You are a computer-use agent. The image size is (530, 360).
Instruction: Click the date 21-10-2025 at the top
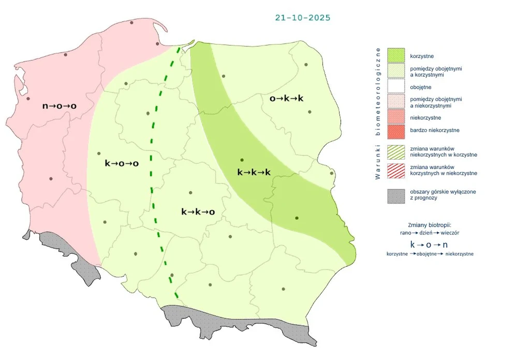[303, 18]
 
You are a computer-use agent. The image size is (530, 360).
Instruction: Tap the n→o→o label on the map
[59, 106]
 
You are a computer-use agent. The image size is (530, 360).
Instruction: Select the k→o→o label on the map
[122, 163]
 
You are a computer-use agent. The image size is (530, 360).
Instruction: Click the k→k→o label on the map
[198, 211]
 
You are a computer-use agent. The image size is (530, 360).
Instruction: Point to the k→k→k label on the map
[254, 172]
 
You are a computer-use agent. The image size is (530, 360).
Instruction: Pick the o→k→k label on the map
[286, 98]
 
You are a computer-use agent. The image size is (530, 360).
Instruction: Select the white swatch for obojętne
[396, 87]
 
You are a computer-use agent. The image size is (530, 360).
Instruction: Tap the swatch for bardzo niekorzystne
[396, 131]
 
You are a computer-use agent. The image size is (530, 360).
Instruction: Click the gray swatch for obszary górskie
[396, 195]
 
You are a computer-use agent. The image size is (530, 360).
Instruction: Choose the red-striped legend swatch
[396, 170]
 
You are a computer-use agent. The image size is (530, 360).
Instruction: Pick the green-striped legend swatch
[396, 151]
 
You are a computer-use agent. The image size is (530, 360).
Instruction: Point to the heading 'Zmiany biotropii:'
[430, 225]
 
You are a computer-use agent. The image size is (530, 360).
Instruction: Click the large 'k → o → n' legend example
[429, 244]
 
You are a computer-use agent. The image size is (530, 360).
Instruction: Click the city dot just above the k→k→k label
[242, 160]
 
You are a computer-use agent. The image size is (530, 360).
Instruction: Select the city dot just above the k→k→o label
[191, 193]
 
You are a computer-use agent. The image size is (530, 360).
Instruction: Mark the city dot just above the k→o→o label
[99, 154]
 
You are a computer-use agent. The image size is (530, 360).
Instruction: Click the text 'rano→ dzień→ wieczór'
[430, 233]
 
